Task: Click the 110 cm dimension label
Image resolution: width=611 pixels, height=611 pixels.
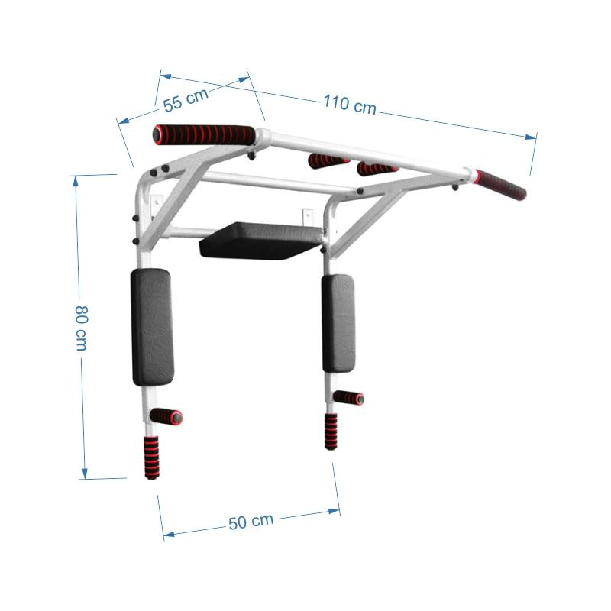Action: (350, 105)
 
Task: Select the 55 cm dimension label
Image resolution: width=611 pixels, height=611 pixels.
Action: (186, 100)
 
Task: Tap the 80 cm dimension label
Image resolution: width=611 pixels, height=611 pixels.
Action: (82, 328)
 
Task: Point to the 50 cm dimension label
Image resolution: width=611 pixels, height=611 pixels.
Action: (251, 522)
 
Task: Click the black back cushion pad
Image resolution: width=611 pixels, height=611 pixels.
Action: (260, 241)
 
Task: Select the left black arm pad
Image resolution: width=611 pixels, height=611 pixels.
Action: (152, 328)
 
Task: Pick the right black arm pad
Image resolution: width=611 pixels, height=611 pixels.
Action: (338, 323)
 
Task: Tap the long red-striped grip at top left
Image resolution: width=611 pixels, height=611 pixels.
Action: (204, 135)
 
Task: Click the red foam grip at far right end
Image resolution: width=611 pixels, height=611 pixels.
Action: (500, 185)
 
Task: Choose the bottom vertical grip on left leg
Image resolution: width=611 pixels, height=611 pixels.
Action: (151, 457)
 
